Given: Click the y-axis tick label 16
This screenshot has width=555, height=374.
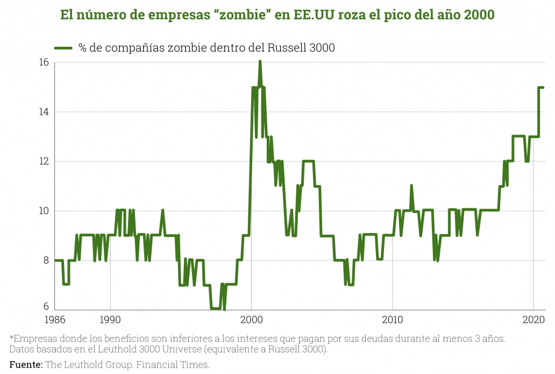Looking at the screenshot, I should click(x=44, y=62).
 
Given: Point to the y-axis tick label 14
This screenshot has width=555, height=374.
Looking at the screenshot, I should click(x=44, y=112).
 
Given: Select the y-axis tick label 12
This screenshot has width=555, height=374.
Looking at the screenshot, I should click(x=44, y=161).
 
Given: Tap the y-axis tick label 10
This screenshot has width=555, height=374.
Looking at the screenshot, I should click(x=44, y=211).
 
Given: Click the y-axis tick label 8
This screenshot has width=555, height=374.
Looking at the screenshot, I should click(x=46, y=260).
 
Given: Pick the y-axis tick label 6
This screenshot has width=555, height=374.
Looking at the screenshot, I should click(x=46, y=307).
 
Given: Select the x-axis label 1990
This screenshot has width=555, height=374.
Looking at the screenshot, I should click(x=110, y=320).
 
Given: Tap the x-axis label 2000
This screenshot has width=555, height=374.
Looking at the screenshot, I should click(x=251, y=320).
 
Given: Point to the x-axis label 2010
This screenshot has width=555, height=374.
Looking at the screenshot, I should click(x=392, y=320).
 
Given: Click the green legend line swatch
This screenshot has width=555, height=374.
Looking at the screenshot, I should click(x=63, y=48).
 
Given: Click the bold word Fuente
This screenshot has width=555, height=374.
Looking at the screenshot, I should click(x=26, y=365).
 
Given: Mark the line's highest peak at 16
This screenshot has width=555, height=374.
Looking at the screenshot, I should click(x=260, y=61).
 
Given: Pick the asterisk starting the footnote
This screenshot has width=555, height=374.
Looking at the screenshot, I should click(x=12, y=338).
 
